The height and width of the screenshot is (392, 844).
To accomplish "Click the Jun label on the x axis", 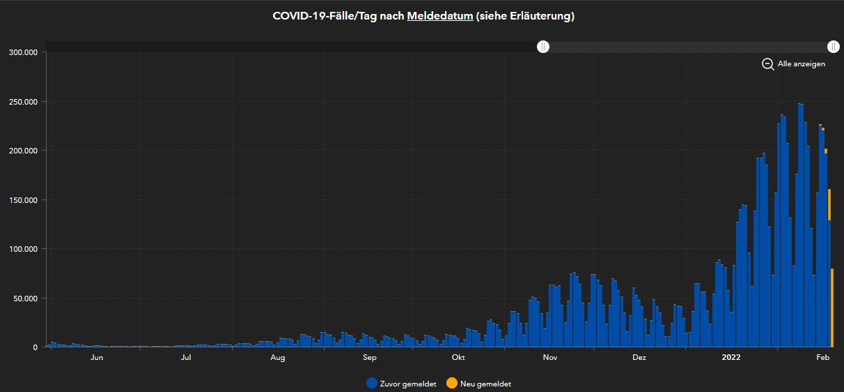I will (x=97, y=358).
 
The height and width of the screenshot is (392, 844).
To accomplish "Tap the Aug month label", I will (x=278, y=358).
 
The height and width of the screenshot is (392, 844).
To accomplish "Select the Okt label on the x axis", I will (x=458, y=358).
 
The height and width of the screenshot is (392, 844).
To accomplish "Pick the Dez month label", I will (x=639, y=358).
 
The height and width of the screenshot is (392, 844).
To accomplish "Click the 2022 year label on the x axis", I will (x=731, y=358).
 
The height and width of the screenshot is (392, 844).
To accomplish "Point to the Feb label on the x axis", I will (x=823, y=358).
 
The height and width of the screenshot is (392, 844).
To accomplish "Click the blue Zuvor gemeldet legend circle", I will (x=372, y=384).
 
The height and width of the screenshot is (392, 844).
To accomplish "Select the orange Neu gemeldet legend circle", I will (x=452, y=384).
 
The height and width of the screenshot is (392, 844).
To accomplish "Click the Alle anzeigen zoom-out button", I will (x=794, y=64).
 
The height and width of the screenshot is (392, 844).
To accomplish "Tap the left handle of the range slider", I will (x=543, y=47).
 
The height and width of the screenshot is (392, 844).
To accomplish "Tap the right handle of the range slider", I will (x=834, y=47).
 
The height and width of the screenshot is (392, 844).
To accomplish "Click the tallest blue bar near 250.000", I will (x=801, y=223).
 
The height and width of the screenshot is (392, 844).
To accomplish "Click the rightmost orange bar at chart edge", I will (x=832, y=307).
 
